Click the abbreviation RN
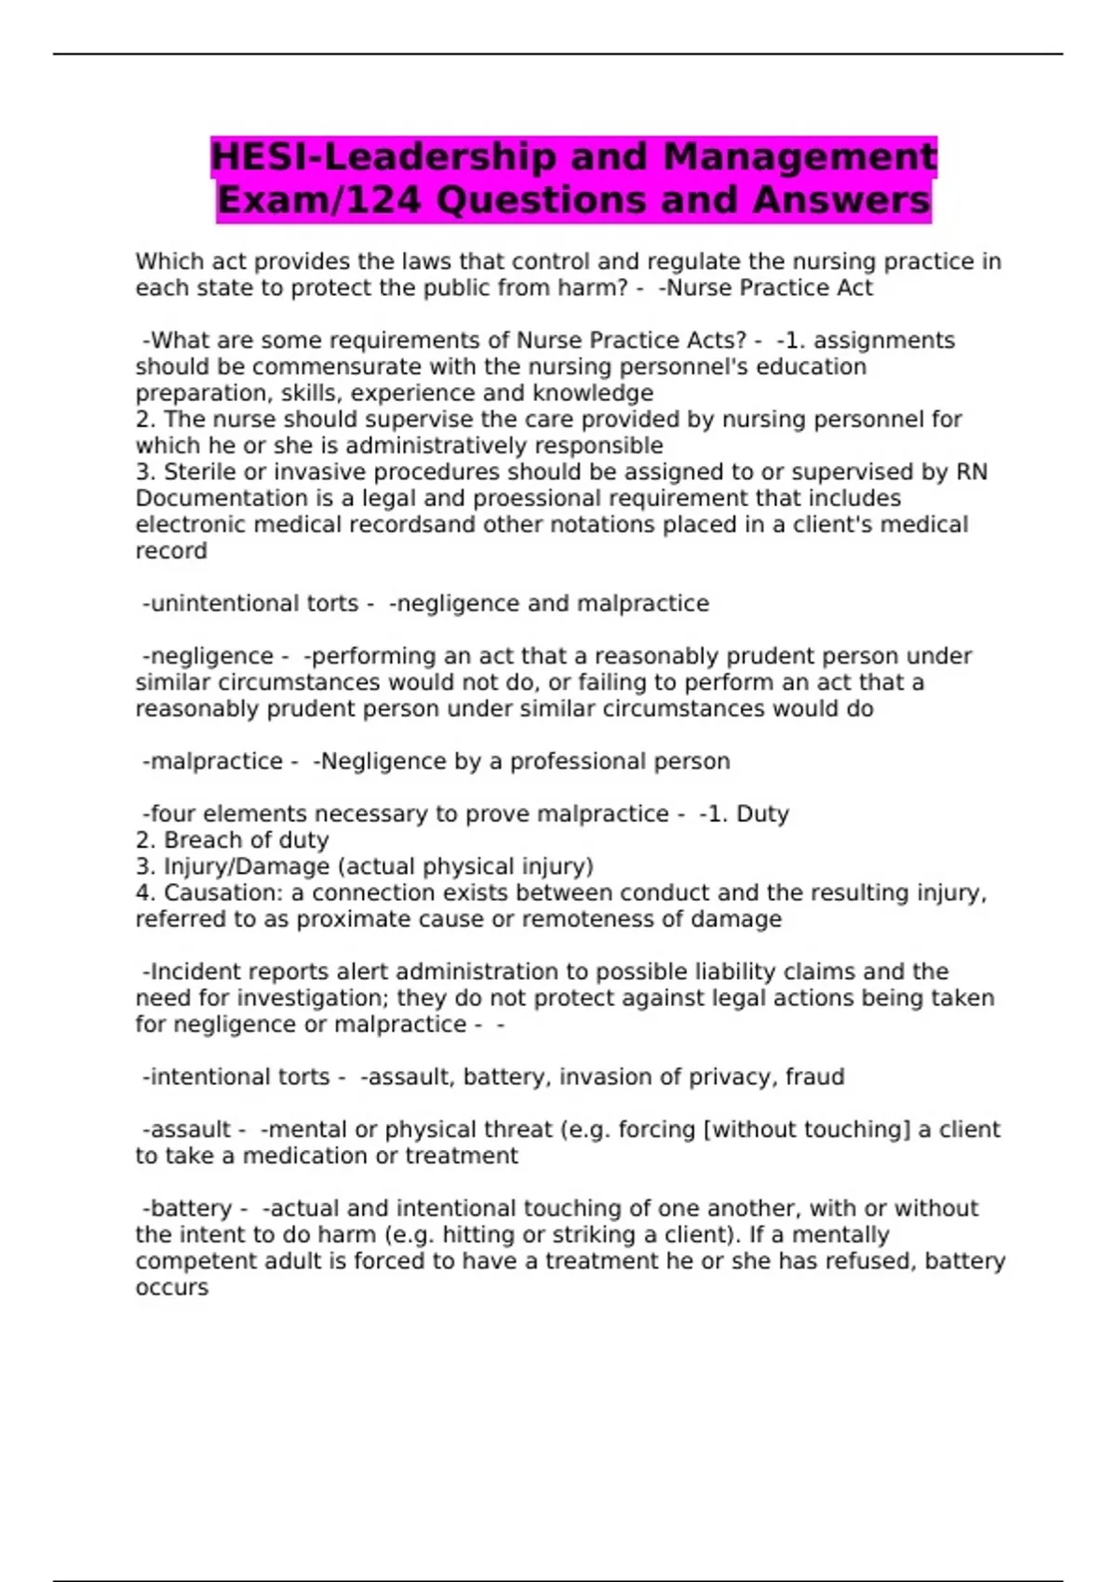point(971,472)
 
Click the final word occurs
point(172,1288)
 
